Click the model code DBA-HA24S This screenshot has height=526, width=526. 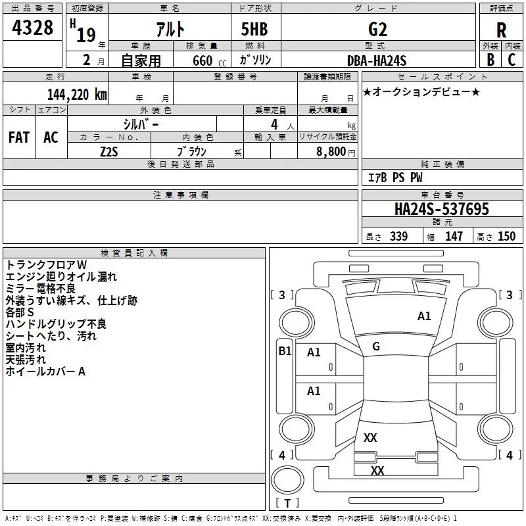pyautogui.click(x=377, y=60)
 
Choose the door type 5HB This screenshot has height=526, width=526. pyautogui.click(x=254, y=29)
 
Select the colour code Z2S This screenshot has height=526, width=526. pyautogui.click(x=108, y=151)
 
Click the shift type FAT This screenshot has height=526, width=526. pyautogui.click(x=19, y=137)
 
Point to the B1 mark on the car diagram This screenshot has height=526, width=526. pyautogui.click(x=285, y=351)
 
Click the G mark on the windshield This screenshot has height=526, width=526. pyautogui.click(x=376, y=347)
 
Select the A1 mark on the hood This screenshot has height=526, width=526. pyautogui.click(x=424, y=316)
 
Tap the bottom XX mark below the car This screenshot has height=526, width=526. pyautogui.click(x=377, y=470)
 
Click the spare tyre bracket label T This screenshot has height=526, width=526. pyautogui.click(x=287, y=504)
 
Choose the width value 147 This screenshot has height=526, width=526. pyautogui.click(x=454, y=237)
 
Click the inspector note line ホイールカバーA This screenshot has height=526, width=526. pyautogui.click(x=46, y=371)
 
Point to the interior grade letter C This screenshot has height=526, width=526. pyautogui.click(x=512, y=60)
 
